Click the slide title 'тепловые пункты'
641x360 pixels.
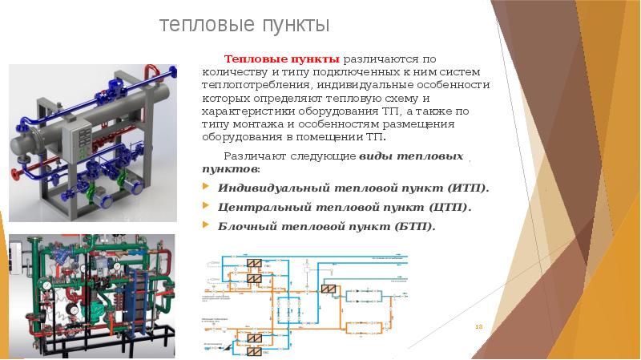tap(245, 26)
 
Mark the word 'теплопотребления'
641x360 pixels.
tap(255, 85)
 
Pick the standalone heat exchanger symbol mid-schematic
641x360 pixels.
tap(327, 289)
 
